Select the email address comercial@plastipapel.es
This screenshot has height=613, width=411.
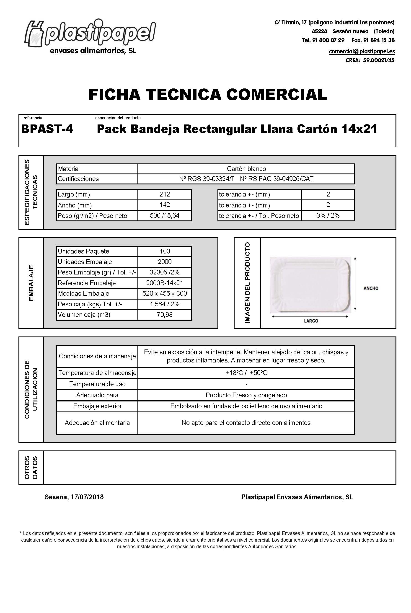[x=362, y=51]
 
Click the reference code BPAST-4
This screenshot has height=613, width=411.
[x=47, y=129]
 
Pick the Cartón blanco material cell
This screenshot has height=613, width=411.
[x=246, y=169]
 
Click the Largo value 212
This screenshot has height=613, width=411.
[x=165, y=194]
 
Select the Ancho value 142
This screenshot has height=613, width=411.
[x=165, y=205]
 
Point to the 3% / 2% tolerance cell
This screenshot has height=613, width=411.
[x=328, y=215]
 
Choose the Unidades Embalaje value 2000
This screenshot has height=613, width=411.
[x=165, y=261]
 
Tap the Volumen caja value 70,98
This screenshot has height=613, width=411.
[x=165, y=315]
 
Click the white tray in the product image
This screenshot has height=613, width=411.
[x=310, y=284]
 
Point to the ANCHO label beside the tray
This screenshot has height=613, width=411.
[x=371, y=288]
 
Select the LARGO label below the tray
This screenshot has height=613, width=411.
[x=311, y=321]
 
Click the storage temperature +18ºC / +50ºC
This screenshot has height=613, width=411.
[x=246, y=373]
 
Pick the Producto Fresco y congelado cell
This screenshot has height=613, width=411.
[x=246, y=395]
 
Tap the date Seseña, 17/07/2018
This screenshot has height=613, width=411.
[x=74, y=497]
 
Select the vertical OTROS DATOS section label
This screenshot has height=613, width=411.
[x=31, y=468]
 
